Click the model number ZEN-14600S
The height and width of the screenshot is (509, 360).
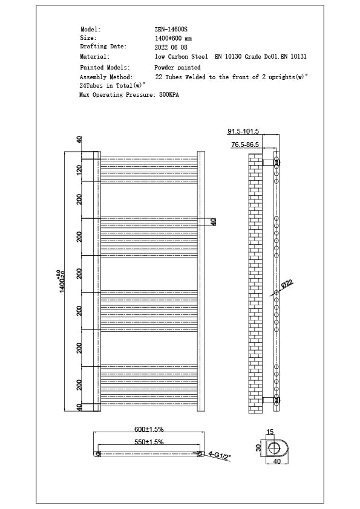click(171, 29)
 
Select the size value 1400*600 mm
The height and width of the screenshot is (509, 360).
click(174, 37)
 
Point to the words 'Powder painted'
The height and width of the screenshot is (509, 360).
click(177, 68)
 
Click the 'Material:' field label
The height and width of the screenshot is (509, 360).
click(94, 56)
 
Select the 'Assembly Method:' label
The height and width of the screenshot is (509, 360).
click(106, 77)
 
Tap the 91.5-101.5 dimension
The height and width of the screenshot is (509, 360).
click(243, 131)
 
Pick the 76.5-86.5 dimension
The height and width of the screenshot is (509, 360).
click(244, 145)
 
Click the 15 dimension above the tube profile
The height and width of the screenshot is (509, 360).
click(270, 432)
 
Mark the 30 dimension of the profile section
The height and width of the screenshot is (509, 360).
click(258, 448)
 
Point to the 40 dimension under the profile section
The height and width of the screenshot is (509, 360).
click(278, 461)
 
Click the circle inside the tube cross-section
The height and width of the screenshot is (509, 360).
click(276, 447)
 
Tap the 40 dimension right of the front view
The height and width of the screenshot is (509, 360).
click(213, 222)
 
